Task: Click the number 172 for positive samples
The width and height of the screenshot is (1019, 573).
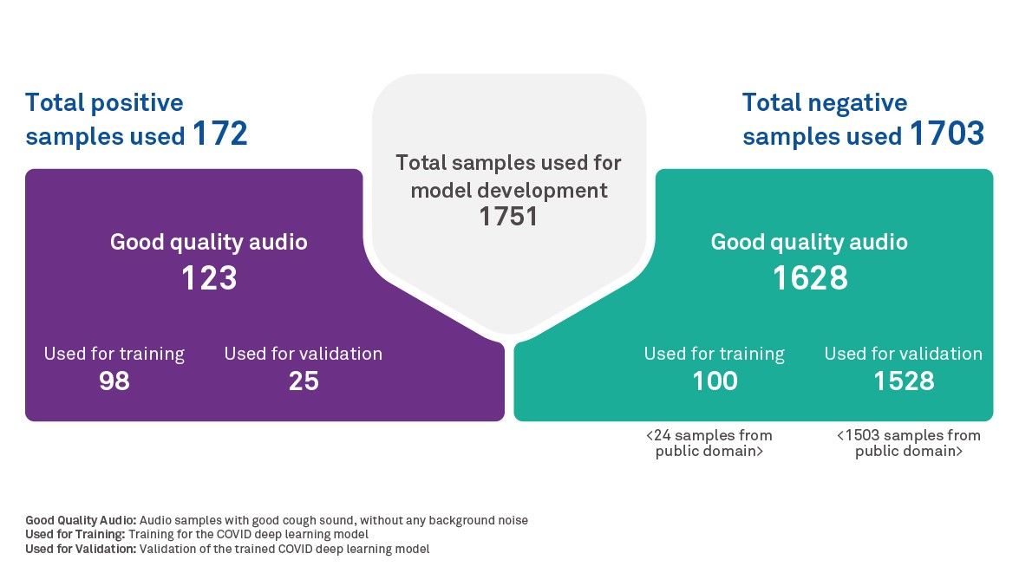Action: coord(219,134)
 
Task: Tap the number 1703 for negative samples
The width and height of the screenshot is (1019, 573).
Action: coord(946,134)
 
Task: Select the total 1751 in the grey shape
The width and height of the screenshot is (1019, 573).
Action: coord(508,217)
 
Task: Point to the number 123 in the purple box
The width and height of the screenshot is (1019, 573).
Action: coord(208,278)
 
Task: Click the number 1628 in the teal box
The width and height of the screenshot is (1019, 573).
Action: coord(809,278)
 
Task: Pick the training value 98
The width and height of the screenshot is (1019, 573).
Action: coord(114,381)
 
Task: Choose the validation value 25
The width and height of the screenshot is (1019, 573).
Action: coord(304,381)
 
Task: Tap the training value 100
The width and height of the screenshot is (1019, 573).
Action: coord(715,381)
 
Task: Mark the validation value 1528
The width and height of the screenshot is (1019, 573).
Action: coord(904,381)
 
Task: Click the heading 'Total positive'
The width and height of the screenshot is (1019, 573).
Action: coord(104,102)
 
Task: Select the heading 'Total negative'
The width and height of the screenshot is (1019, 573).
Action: coord(824,102)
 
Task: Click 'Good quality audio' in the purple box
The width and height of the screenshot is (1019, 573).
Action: coord(208,242)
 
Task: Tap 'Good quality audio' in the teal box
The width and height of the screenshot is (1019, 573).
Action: coord(809,242)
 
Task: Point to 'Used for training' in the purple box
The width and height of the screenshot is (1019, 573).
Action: coord(114,354)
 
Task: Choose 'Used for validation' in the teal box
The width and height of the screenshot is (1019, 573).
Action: coord(903,354)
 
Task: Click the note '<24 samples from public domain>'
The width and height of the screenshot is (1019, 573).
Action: coord(709,443)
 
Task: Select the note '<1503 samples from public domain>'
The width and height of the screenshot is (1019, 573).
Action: coord(908,443)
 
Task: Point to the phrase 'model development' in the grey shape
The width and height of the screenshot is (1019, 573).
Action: coord(509,190)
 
